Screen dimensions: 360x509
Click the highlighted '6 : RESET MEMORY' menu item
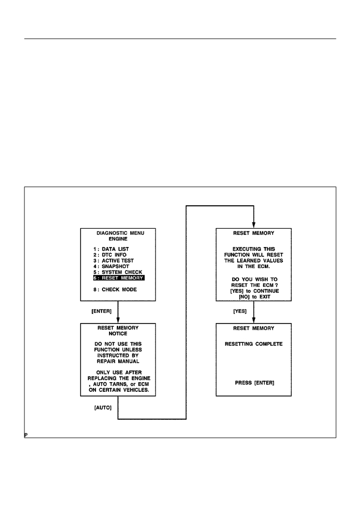coord(119,278)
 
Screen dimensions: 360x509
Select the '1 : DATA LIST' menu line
coord(111,249)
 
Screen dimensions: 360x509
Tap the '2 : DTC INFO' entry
coord(110,255)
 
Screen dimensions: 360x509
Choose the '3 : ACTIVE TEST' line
coord(114,261)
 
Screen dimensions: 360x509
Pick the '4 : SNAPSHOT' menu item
coord(112,266)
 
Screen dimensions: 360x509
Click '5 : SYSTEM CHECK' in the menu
coord(118,272)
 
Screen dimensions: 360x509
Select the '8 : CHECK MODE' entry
coord(115,289)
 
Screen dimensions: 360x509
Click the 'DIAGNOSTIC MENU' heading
coord(120,233)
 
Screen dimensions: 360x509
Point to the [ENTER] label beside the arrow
coord(101,311)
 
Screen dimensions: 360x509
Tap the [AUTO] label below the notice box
coord(102,408)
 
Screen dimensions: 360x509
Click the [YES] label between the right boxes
coord(240,311)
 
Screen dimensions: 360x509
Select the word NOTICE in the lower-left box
coord(118,334)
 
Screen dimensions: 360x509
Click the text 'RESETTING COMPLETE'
coord(254,344)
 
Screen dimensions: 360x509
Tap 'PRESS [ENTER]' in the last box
coord(254,383)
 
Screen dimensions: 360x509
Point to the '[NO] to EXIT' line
coord(254,297)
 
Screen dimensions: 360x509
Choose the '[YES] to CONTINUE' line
coord(254,291)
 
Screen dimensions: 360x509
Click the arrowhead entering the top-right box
coord(254,225)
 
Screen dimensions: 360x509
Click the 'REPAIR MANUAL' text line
coord(118,361)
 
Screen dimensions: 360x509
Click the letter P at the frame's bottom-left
coord(26,435)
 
